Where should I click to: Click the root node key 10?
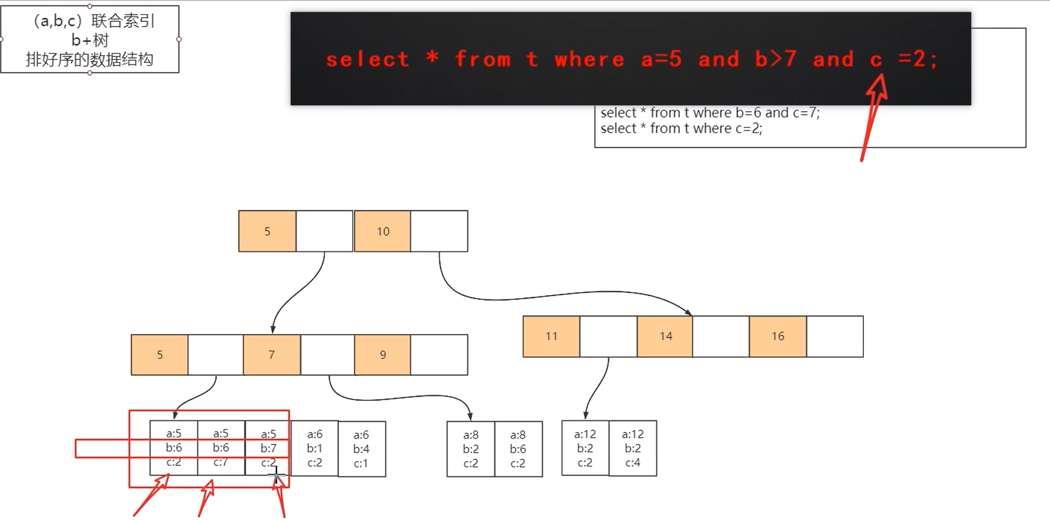click(x=382, y=231)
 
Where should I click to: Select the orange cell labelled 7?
click(x=272, y=355)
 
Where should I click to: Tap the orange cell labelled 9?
click(x=382, y=355)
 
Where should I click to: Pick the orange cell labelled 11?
click(x=551, y=336)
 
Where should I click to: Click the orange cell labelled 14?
click(x=665, y=336)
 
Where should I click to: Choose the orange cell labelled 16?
click(x=778, y=336)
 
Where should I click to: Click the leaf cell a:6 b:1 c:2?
click(x=315, y=449)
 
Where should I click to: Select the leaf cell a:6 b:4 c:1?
click(x=362, y=449)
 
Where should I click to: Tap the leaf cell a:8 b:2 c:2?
click(x=471, y=449)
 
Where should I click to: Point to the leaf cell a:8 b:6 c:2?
click(x=518, y=449)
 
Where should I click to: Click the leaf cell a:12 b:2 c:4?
click(x=633, y=448)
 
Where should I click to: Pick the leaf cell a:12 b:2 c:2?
click(x=585, y=448)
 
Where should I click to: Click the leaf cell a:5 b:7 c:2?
click(x=268, y=448)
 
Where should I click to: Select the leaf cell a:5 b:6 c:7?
click(x=221, y=448)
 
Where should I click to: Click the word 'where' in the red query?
click(x=589, y=59)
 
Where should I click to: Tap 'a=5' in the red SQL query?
click(x=662, y=59)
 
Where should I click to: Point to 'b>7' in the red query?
click(x=776, y=59)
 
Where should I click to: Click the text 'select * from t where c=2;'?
click(x=681, y=128)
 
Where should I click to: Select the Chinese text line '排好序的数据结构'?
click(x=90, y=60)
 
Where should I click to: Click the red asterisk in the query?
click(x=432, y=58)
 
